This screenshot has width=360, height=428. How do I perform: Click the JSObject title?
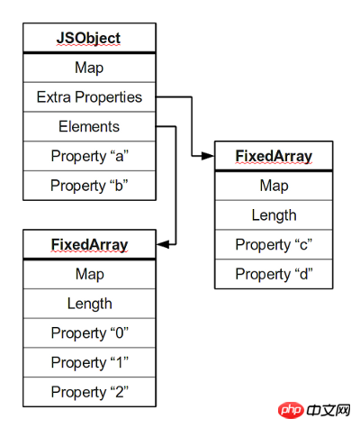89,38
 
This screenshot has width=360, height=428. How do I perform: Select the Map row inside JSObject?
89,68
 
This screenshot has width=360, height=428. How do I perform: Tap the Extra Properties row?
89,97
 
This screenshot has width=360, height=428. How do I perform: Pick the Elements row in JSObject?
89,126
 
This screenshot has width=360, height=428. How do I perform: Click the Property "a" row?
89,156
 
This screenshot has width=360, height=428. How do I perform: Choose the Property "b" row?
89,186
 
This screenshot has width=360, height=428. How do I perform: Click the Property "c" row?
274,244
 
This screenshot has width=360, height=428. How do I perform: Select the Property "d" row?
274,274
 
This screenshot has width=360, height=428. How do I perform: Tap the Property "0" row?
89,332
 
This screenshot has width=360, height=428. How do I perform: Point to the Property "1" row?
89,362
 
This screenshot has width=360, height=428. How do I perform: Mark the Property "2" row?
89,392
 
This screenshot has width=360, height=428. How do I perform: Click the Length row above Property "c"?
274,215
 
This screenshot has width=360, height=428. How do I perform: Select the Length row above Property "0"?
89,304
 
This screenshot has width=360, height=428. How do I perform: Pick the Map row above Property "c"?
274,186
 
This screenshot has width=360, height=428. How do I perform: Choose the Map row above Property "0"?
89,274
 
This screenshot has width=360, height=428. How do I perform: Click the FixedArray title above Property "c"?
274,156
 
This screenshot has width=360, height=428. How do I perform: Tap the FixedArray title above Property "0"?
89,244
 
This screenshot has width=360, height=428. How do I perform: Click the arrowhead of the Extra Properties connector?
208,156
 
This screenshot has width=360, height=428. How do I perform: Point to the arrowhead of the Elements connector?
163,244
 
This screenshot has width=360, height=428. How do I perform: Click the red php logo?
291,410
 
